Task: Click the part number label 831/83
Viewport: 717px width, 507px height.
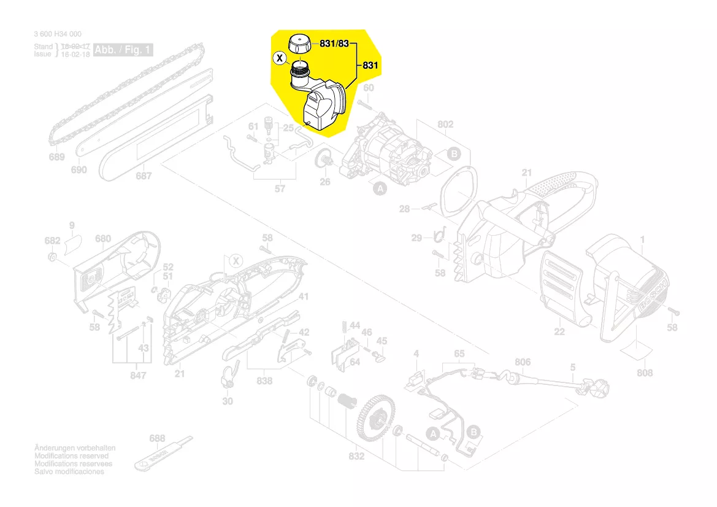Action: (334, 44)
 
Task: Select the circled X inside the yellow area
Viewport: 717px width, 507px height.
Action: (280, 59)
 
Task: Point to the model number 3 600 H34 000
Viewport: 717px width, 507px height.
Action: (58, 34)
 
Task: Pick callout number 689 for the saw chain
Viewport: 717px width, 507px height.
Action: (56, 157)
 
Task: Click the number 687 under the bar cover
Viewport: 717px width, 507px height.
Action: (144, 176)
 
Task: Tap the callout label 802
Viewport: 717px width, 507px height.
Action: (445, 125)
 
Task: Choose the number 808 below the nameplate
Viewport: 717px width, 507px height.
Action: (645, 373)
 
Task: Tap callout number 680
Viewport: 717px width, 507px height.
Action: (103, 239)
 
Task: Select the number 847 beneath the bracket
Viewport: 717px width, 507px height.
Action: (139, 375)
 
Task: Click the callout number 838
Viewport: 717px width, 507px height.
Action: (264, 381)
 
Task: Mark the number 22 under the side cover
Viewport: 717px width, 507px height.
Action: (559, 331)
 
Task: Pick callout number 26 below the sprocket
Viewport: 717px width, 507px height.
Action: (324, 182)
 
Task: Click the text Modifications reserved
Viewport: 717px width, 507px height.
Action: (72, 456)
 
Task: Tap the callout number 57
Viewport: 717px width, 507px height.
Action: (280, 188)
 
